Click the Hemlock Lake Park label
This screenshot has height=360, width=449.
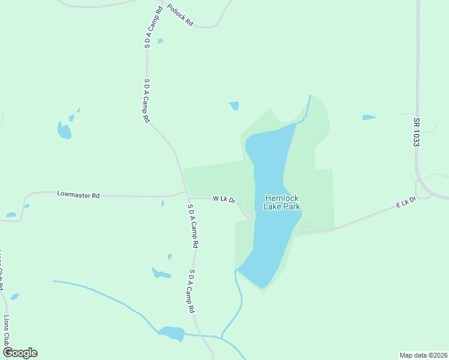[x=282, y=202]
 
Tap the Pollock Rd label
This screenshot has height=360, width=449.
[x=180, y=14]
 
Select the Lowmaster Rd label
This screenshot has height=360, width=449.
[x=78, y=194]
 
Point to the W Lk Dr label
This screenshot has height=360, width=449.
[x=224, y=199]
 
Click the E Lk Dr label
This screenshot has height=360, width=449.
[x=406, y=204]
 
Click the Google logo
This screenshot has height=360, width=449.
[x=20, y=353]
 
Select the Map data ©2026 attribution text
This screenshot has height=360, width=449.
[x=423, y=355]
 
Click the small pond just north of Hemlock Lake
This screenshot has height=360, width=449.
[x=234, y=106]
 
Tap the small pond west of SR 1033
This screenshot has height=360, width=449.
[x=369, y=118]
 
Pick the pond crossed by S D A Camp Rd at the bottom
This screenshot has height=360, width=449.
[x=171, y=333]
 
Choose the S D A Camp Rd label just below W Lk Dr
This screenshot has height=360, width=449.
[x=193, y=226]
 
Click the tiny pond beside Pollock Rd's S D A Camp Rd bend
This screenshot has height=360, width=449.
[x=160, y=41]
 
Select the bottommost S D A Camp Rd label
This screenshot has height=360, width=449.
[x=192, y=291]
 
